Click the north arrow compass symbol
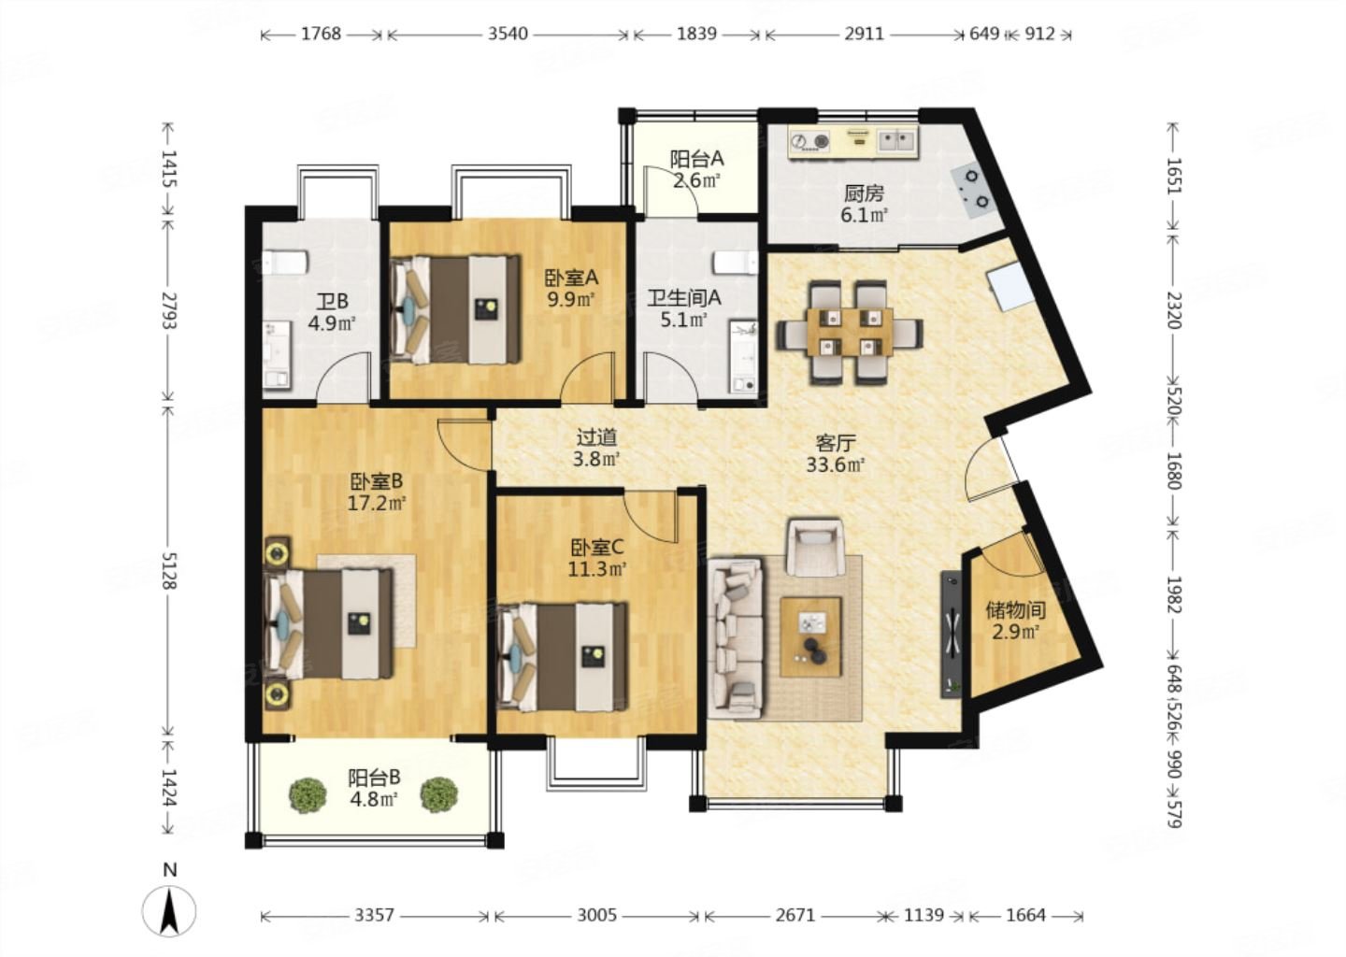pyautogui.click(x=169, y=909)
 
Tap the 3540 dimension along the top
pyautogui.click(x=508, y=34)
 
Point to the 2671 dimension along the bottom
pyautogui.click(x=795, y=915)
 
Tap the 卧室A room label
pyautogui.click(x=571, y=278)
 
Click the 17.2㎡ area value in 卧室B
pyautogui.click(x=377, y=502)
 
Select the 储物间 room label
pyautogui.click(x=1015, y=610)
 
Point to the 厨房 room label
pyautogui.click(x=864, y=193)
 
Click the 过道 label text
pyautogui.click(x=596, y=437)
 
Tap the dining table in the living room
pyautogui.click(x=850, y=332)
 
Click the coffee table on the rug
pyautogui.click(x=810, y=636)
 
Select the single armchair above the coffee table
pyautogui.click(x=816, y=548)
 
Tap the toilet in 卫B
pyautogui.click(x=285, y=264)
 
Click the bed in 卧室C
pyautogui.click(x=563, y=657)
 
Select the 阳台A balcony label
pyautogui.click(x=697, y=159)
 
